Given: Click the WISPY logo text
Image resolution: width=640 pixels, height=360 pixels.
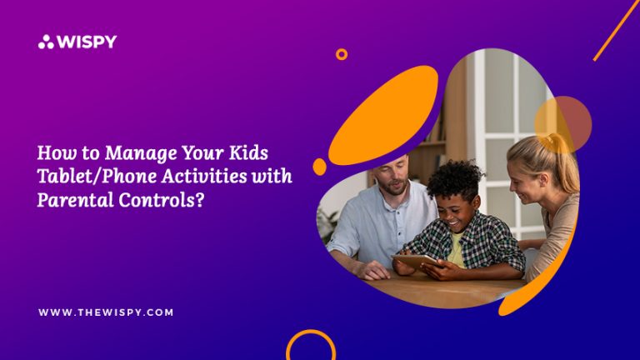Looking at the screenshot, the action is click(87, 42).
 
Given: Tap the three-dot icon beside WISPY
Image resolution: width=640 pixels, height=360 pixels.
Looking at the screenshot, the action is click(46, 42).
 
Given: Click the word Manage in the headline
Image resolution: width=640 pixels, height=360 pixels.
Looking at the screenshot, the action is click(141, 154).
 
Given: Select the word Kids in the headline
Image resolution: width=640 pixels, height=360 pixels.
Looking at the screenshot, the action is click(248, 152).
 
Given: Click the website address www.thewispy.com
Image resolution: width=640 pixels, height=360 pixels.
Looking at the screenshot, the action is click(106, 312).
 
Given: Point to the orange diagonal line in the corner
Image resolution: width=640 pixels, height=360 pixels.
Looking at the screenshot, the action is click(617, 31).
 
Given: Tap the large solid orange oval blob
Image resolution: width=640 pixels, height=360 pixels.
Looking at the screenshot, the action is click(383, 116).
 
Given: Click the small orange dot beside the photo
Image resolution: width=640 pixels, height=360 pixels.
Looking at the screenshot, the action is click(320, 167).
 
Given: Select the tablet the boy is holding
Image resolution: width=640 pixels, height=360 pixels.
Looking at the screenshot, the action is click(414, 260).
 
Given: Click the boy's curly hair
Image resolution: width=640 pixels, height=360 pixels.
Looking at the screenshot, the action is click(454, 179).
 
